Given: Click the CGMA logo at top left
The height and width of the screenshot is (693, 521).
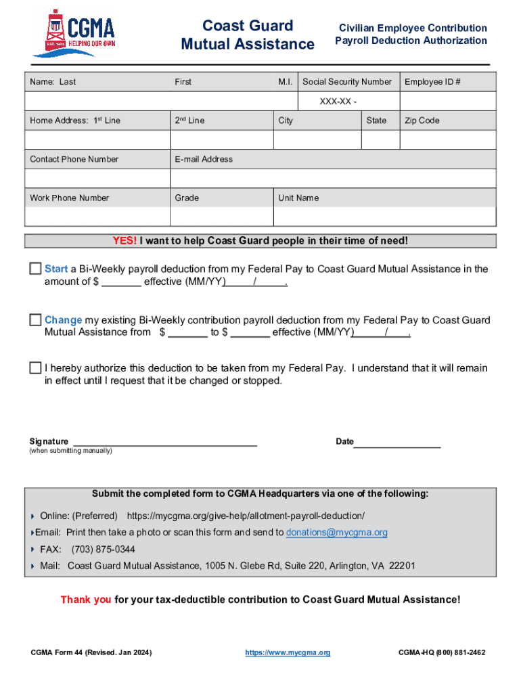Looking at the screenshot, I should coord(74,32).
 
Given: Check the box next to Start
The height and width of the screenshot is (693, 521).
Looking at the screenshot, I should coord(35,269).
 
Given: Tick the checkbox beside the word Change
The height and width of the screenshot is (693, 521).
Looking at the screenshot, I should coord(35,319).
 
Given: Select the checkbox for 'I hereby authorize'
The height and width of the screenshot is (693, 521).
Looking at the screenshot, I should coord(35,368).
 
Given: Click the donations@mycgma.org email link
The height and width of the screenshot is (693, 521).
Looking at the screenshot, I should coord(336,533).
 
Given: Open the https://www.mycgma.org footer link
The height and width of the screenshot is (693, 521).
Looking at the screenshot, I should coord(288,652).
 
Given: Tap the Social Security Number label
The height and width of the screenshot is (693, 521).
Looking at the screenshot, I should coord(346,82).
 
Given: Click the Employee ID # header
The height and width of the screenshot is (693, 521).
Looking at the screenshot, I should coord(432,82).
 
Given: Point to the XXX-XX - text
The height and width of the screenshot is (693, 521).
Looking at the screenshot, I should coord(338,102).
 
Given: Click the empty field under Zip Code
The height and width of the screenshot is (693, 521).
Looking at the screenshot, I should coord(448,139).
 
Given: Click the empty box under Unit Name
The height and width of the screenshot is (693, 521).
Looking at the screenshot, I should coord(384,217).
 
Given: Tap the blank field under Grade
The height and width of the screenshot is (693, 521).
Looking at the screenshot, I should coord(221,217).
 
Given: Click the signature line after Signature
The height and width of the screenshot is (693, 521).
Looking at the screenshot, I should coord(164,443).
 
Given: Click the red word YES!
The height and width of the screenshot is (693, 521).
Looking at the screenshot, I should coord(124,241).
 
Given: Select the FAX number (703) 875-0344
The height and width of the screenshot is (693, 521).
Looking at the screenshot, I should coord(103,549).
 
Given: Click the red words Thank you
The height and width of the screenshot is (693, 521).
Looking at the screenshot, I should coord(86,600).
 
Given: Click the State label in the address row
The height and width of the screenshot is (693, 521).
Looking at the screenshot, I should coord(376,120).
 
